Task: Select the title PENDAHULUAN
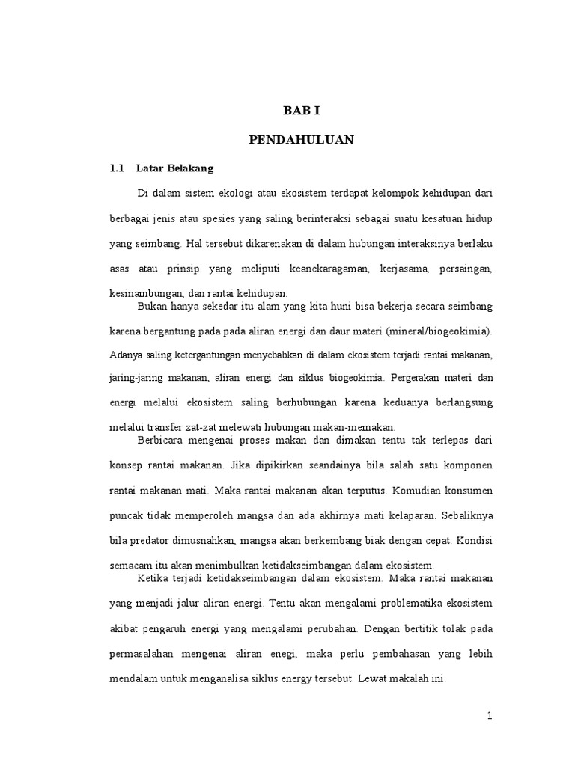pyautogui.click(x=301, y=139)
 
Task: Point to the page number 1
pyautogui.click(x=490, y=715)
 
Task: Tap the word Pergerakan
pyautogui.click(x=404, y=379)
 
